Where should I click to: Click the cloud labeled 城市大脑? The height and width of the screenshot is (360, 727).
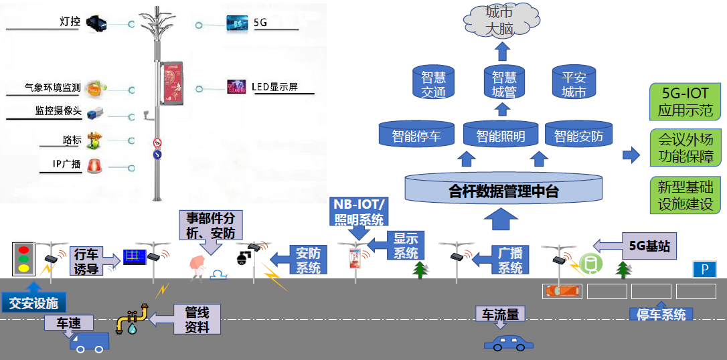pos(502,21)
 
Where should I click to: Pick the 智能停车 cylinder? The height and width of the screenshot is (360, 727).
pos(416,137)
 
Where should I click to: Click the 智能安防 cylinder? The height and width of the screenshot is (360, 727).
pos(578,137)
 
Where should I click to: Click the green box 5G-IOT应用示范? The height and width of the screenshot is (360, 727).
pos(685,102)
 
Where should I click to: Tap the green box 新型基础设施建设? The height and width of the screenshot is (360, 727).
pos(685,195)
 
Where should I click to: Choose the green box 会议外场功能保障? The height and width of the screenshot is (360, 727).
pos(685,148)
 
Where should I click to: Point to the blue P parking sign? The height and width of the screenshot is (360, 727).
pos(704,269)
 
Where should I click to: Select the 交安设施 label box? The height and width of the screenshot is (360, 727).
pos(33,303)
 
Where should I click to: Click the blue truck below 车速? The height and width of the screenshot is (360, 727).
pos(89,342)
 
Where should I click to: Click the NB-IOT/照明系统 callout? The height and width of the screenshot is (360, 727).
pos(359,211)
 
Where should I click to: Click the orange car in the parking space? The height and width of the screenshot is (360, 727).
pos(562,291)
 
